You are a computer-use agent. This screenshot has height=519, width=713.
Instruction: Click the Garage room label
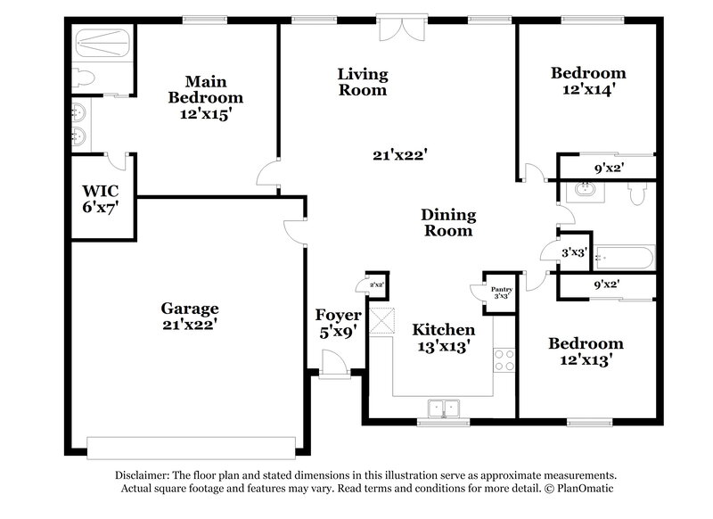point(189,309)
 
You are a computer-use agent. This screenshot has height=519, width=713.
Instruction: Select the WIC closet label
point(100,191)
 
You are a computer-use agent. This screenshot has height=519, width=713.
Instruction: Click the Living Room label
point(362,73)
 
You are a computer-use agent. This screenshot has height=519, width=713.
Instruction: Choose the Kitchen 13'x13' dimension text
point(441,347)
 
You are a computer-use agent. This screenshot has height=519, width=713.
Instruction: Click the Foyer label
point(339,316)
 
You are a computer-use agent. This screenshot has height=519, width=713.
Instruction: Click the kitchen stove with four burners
point(504,358)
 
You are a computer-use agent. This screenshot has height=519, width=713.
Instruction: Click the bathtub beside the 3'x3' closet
point(623,258)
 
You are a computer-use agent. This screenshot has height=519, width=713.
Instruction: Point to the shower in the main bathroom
point(102,42)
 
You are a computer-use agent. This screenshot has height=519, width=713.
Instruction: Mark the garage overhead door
point(191,447)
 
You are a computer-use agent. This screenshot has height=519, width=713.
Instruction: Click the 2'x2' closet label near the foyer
point(377,284)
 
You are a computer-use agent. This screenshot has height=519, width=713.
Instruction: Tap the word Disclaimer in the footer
point(144,475)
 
